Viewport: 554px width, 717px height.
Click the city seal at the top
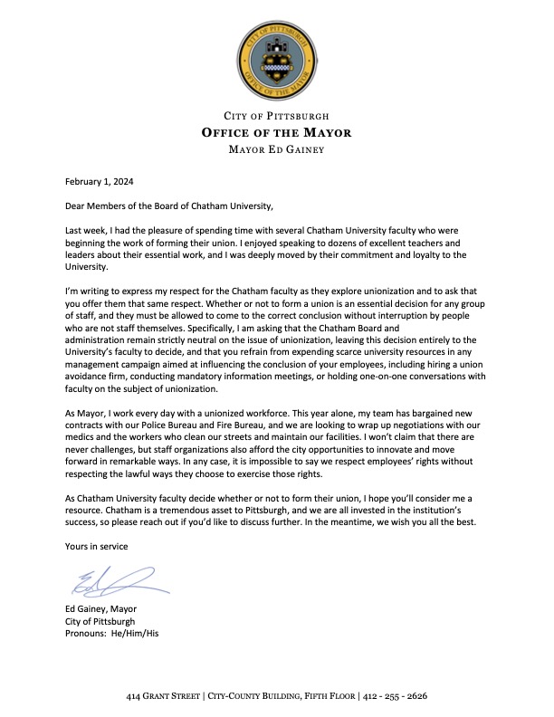tap(277, 61)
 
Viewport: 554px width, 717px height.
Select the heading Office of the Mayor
tap(276, 132)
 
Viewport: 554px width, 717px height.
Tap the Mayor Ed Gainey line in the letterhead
tap(276, 148)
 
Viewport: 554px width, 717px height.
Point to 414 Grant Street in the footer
tap(164, 697)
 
